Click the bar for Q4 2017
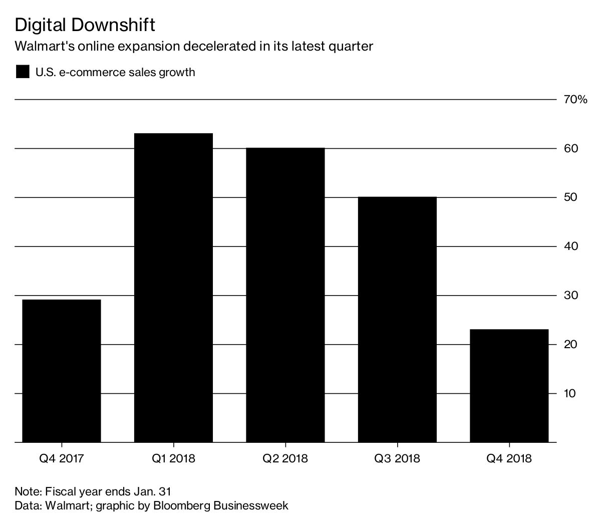click(62, 371)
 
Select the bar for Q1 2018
click(173, 288)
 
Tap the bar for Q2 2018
click(285, 295)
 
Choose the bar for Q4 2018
click(509, 386)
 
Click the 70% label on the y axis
click(575, 100)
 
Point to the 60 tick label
click(571, 149)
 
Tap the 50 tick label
click(571, 197)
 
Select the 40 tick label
click(571, 246)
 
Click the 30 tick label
click(571, 296)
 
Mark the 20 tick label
click(571, 345)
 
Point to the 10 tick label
click(571, 393)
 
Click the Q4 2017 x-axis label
click(62, 458)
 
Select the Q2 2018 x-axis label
click(285, 458)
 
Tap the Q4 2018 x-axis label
click(509, 458)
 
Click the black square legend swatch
click(23, 72)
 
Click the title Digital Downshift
click(85, 25)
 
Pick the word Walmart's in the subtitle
click(44, 47)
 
